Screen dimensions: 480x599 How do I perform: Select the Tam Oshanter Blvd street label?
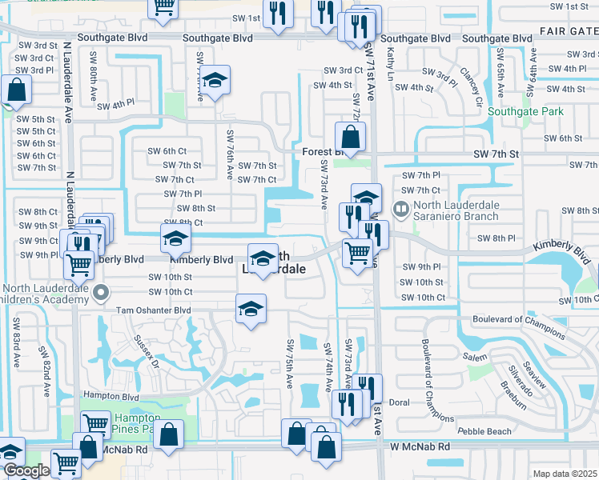154,310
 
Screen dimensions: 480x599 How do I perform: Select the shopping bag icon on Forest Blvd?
350,137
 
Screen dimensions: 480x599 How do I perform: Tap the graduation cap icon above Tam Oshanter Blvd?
251,310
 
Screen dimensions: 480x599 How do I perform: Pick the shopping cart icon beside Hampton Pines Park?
96,424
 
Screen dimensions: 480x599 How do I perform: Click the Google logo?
26,470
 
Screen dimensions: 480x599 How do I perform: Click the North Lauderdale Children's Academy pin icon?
100,294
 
